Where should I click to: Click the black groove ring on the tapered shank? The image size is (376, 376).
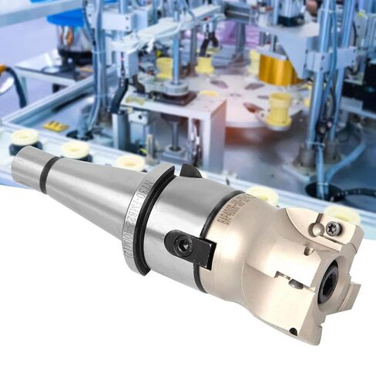[48, 176]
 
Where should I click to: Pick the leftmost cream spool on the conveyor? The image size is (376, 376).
[25, 139]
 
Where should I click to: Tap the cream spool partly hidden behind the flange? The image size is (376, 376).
[131, 163]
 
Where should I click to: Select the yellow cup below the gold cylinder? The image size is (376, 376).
[279, 109]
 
